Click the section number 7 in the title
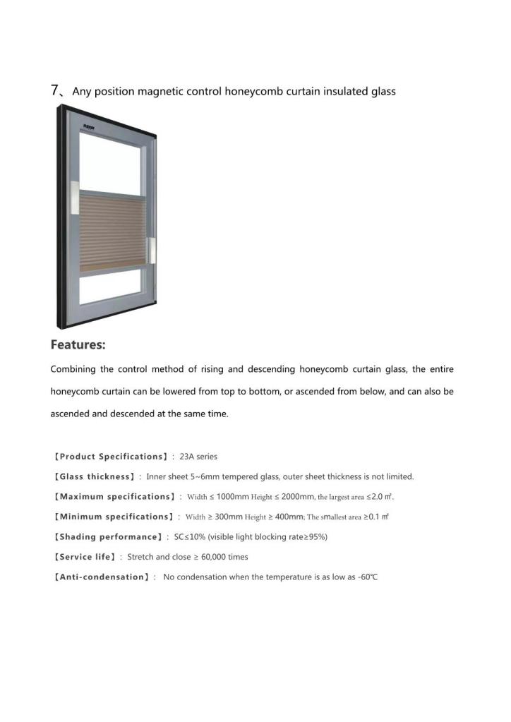(54, 90)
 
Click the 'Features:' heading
(78, 345)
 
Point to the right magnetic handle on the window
(150, 248)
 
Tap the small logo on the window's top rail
(90, 127)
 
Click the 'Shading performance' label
(109, 537)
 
